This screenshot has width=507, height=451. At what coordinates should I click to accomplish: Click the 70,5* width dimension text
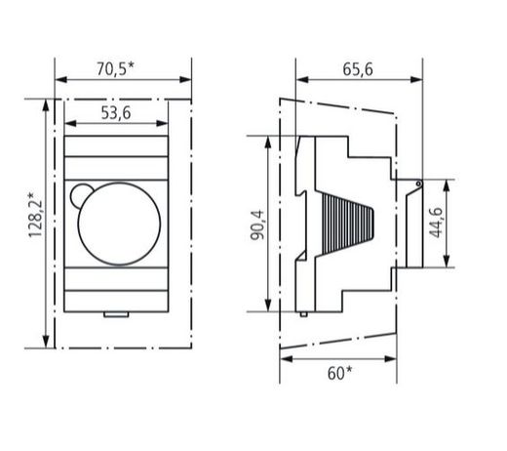[115, 68]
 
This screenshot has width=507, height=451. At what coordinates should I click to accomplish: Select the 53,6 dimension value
[116, 113]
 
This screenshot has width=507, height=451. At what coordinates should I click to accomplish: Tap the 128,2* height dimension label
[35, 215]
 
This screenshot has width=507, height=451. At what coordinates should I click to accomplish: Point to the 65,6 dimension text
[358, 69]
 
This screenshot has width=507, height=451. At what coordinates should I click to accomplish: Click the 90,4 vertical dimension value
[257, 225]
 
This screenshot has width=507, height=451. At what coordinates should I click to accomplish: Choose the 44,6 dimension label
[436, 223]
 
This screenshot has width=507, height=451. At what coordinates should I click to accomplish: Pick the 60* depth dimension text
[339, 373]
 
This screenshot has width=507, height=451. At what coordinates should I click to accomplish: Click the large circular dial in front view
[119, 224]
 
